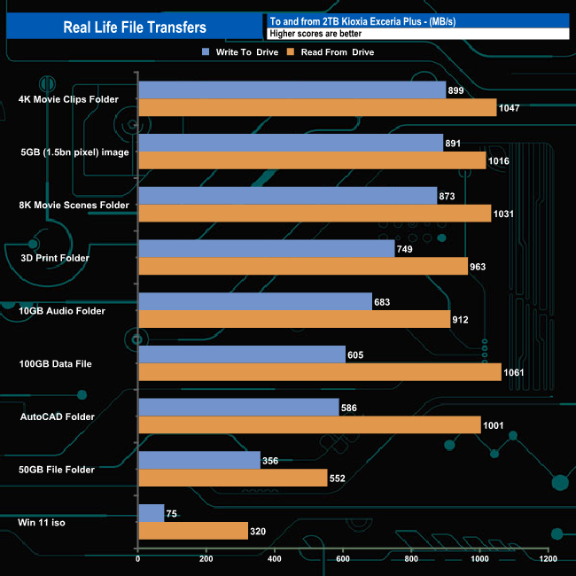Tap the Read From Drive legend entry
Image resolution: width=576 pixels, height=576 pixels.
pyautogui.click(x=336, y=52)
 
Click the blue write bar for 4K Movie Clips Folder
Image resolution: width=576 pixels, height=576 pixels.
pyautogui.click(x=292, y=90)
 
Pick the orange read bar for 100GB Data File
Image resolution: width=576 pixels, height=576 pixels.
pyautogui.click(x=319, y=372)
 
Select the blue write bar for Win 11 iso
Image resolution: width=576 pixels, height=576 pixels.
pyautogui.click(x=151, y=513)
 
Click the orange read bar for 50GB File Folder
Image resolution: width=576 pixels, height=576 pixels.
pyautogui.click(x=232, y=479)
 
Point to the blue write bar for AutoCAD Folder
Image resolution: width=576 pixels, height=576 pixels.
pyautogui.click(x=238, y=408)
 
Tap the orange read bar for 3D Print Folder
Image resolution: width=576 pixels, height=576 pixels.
pyautogui.click(x=302, y=267)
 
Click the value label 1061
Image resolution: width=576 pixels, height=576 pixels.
pyautogui.click(x=517, y=373)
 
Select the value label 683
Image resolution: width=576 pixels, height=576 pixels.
pyautogui.click(x=383, y=302)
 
